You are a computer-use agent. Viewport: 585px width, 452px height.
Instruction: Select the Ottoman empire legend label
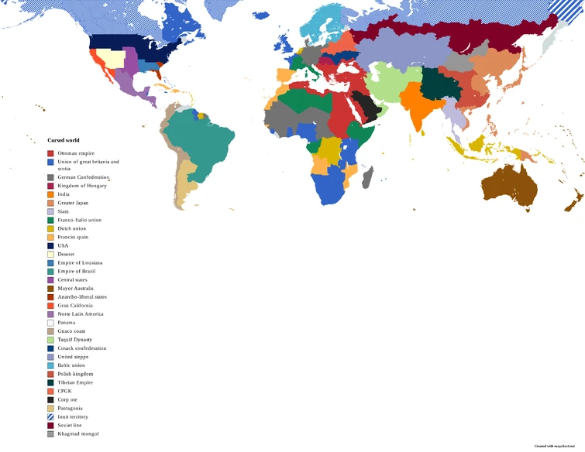click(76, 153)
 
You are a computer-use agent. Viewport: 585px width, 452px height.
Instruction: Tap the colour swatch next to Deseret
click(50, 255)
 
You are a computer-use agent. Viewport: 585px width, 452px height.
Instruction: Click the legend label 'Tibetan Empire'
click(76, 382)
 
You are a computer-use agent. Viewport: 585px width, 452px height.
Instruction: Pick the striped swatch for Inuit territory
click(50, 416)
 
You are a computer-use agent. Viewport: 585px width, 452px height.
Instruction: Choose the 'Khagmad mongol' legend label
click(77, 433)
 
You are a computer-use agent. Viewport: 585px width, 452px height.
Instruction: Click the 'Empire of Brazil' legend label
click(78, 272)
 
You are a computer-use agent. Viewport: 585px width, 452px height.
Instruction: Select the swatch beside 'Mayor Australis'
click(50, 289)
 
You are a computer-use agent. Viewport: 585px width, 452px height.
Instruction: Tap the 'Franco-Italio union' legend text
click(79, 220)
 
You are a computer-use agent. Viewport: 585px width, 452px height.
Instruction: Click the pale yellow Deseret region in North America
click(114, 60)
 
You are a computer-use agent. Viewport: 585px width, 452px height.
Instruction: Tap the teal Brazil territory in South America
click(205, 143)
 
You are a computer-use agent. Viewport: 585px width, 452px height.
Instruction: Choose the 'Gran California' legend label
click(75, 306)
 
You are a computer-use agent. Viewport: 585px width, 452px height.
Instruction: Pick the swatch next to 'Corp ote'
click(50, 399)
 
